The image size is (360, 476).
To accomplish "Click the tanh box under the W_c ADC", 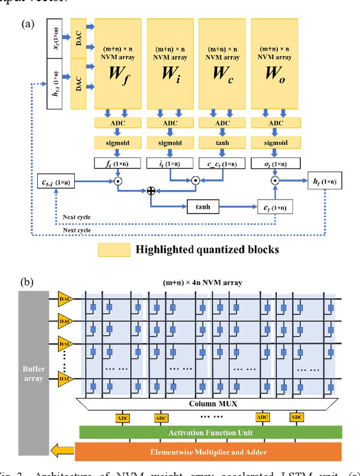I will pos(222,143).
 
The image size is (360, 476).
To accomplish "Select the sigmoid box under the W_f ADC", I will pos(118,143).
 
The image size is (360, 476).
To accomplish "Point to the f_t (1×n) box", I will pos(118,164).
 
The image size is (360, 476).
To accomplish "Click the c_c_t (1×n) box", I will pos(222,164).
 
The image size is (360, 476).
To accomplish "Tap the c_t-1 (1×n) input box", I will pos(55,182).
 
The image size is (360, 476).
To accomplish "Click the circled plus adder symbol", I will pos(151,191).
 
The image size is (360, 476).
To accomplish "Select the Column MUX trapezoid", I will pos(208,404).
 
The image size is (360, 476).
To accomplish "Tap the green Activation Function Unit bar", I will pos(210,432).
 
